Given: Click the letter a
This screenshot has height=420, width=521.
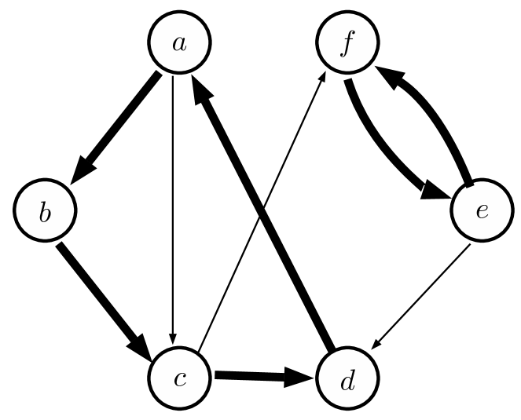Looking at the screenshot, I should (179, 42).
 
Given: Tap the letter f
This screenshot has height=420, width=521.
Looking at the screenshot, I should (347, 42).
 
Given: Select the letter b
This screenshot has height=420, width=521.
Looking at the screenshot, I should (45, 212).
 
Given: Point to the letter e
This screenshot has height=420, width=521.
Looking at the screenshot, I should (482, 210).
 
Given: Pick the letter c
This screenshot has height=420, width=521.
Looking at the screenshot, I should (179, 379).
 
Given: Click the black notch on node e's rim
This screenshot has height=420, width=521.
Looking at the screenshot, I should (470, 185).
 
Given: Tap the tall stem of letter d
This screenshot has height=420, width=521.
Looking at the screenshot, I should (353, 377).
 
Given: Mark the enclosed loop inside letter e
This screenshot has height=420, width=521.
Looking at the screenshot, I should (482, 208).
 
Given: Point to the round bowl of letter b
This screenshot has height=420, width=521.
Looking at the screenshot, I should (46, 216).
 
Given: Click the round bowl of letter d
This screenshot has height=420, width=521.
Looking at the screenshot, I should (346, 385).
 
